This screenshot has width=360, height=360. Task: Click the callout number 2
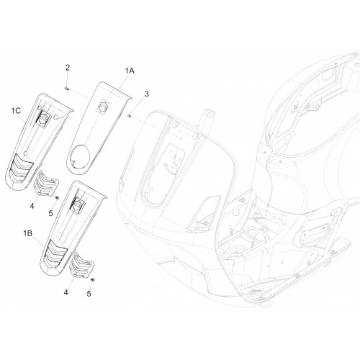(x=68, y=68)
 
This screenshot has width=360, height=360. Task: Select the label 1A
(x=130, y=71)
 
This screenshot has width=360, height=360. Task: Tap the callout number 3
(x=146, y=94)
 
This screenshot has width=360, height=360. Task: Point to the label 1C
(x=16, y=111)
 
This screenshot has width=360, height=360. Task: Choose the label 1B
(x=27, y=233)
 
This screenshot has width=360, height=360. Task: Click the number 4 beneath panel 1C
(x=32, y=206)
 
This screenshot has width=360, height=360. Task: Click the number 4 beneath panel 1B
(x=66, y=292)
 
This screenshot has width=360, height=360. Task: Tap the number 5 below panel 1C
(x=50, y=213)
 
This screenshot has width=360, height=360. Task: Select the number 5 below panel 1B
(x=89, y=294)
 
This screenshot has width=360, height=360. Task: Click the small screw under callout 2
(x=67, y=89)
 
